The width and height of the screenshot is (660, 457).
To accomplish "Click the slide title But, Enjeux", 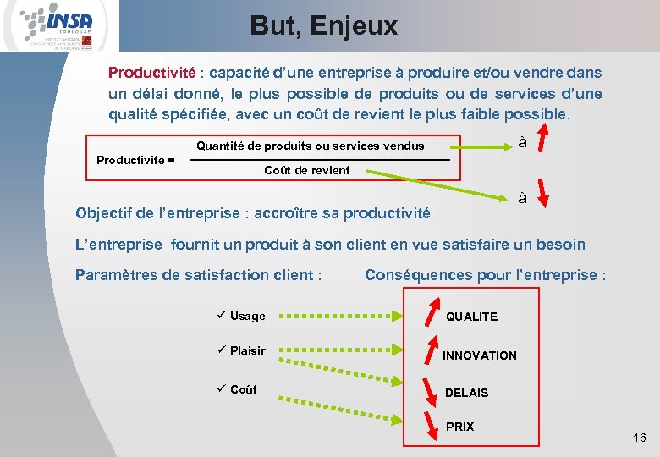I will coord(323,25).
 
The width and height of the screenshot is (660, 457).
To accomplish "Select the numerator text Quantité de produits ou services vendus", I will coord(311,146).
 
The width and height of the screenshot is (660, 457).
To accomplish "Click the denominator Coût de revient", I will coord(306,170).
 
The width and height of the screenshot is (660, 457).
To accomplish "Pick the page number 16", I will coord(639,438).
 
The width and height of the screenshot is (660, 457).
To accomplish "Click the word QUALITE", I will coord(472,317).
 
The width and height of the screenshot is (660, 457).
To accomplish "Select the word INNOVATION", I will coord(479,355).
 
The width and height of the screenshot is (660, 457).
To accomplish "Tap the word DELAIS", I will coord(467,393).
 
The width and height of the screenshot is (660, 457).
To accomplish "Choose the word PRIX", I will coord(460,427).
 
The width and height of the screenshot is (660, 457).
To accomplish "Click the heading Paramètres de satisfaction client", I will coord(199,275).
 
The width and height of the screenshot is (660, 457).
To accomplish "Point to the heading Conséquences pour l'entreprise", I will coord(486,275).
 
